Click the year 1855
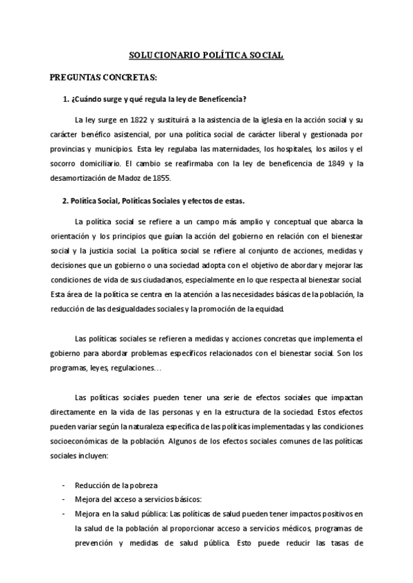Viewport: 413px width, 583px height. click(x=158, y=178)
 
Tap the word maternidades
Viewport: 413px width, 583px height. click(x=224, y=148)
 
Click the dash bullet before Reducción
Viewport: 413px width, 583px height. click(x=64, y=485)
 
